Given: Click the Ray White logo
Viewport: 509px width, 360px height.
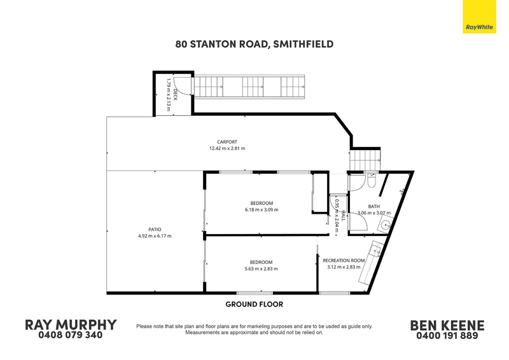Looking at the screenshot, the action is click(x=479, y=17).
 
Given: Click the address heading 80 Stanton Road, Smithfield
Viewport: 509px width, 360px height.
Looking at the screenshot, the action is click(x=254, y=44).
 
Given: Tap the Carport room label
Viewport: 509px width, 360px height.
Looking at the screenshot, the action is click(x=227, y=142).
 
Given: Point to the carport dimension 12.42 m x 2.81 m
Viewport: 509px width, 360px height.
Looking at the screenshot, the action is click(x=227, y=148).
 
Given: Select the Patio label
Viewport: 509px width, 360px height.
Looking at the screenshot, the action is click(x=155, y=230).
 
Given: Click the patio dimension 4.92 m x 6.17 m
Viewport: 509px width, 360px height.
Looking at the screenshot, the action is click(x=155, y=236).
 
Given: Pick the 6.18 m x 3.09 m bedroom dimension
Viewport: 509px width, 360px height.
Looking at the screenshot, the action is click(x=261, y=210).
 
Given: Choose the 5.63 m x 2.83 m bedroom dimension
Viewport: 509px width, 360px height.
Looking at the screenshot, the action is click(x=261, y=269).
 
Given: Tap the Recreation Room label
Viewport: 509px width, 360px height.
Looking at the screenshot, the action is click(x=344, y=260).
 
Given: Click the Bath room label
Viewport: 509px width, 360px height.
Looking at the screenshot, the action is click(x=374, y=207).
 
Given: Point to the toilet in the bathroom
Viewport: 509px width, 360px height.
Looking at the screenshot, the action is click(x=372, y=181).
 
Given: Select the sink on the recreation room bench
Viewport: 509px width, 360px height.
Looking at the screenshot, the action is click(x=376, y=251).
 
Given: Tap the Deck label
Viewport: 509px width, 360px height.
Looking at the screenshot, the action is click(x=176, y=95).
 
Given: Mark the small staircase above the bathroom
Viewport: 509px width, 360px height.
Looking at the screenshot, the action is click(x=365, y=160).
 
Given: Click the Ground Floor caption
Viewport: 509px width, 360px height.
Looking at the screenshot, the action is click(x=254, y=304).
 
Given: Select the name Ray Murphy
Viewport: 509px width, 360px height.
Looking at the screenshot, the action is click(x=71, y=325).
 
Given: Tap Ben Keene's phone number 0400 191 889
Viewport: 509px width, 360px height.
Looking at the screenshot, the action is click(x=447, y=336).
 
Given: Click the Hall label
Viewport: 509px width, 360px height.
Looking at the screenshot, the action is click(x=343, y=216).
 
